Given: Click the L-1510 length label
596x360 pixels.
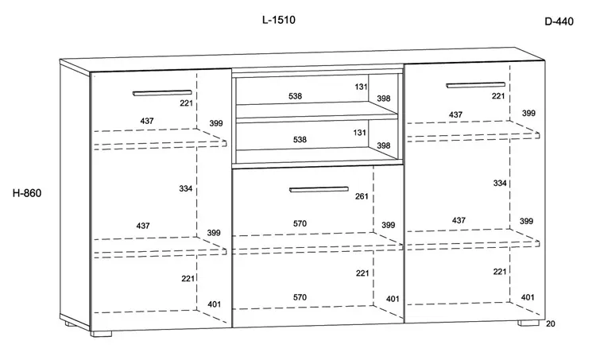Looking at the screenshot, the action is coord(279,20).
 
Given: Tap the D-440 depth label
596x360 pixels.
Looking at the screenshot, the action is coord(559,21).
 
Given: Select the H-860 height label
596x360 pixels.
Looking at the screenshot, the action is coord(27,193).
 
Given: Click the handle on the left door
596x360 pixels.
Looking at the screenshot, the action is coord(162,93).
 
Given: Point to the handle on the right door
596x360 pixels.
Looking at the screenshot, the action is coord(475,85).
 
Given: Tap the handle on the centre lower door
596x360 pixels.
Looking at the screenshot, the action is coord(319,189).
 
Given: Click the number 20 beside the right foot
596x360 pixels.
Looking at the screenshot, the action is coord(551,324).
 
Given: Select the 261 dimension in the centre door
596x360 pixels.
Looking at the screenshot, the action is coord(362,196).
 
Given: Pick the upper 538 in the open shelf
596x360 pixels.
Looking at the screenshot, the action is coord(295,96).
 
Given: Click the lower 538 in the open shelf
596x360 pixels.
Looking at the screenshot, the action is coord(300,140).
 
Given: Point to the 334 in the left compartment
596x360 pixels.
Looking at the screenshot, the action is coord(185,188).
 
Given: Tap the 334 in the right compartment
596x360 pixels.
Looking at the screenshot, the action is coord(500,184).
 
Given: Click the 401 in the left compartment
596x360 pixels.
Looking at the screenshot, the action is coord(214,304).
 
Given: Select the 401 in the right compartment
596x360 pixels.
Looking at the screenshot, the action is coord(528,297).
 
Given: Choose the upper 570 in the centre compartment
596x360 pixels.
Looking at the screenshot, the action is coord(300,223).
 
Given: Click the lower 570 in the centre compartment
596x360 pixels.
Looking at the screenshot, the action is coord(300,297).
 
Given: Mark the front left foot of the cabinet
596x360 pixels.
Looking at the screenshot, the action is coord(101,334).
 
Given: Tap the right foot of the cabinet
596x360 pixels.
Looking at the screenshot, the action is coord(528,323).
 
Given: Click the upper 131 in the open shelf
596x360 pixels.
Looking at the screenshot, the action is coord(361,87).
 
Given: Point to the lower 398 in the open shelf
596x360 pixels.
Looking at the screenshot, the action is coord(384,145).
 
